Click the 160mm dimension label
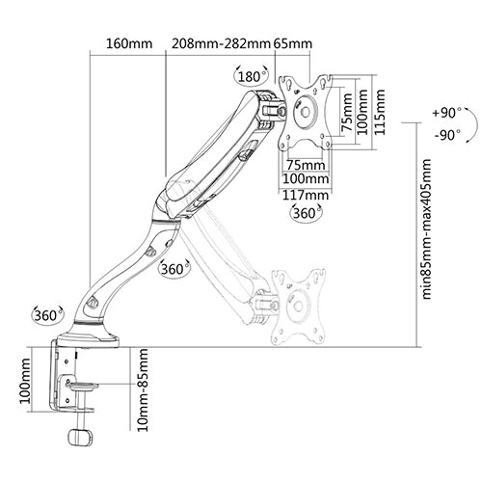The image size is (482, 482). point(129,43)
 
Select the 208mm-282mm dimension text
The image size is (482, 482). point(221,43)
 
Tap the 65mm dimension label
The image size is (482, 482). point(293,43)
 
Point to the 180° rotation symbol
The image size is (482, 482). point(253,76)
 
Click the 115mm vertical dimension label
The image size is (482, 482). point(380,112)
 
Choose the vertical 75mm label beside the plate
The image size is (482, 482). point(346,112)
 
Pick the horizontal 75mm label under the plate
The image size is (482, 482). point(306,165)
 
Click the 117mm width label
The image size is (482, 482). point(306,195)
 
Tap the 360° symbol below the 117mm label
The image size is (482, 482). point(306,213)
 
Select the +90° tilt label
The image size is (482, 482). point(446,113)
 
